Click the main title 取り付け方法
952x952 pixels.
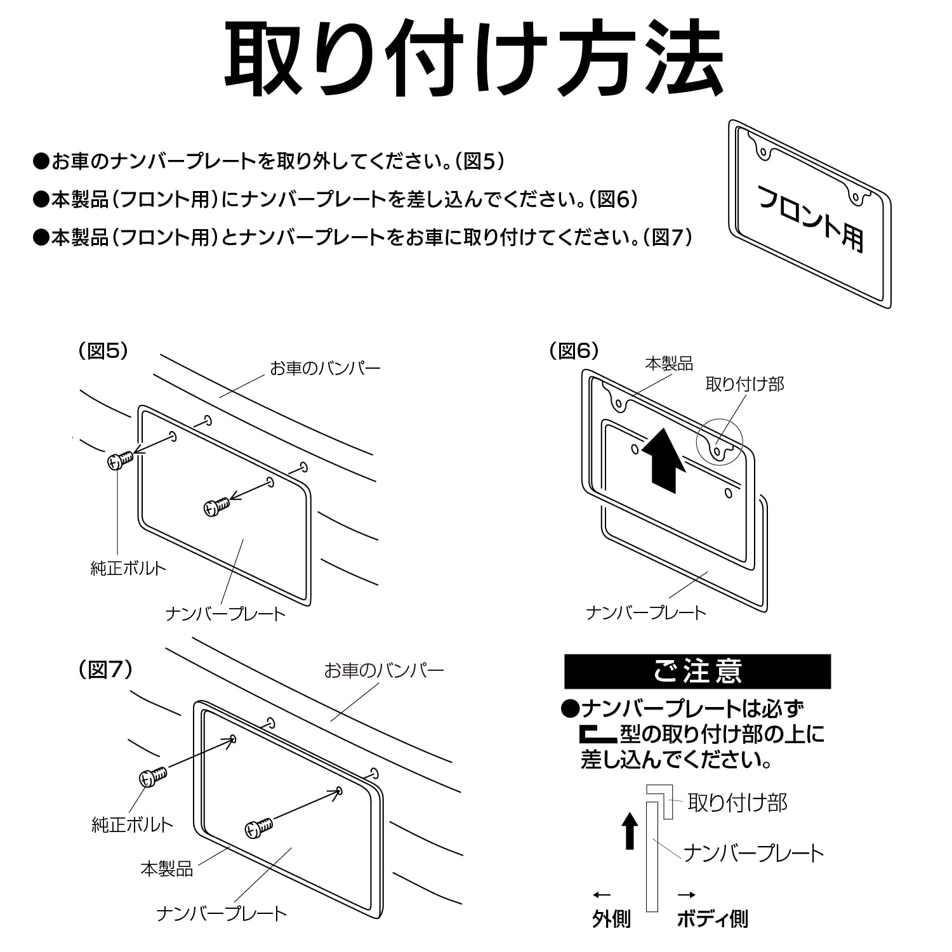tap(474, 59)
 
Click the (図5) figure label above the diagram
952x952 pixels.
tap(103, 351)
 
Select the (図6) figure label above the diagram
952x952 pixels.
tap(574, 351)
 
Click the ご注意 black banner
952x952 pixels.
tap(697, 671)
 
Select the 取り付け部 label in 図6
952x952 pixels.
tap(744, 384)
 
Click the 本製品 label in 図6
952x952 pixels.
tap(668, 364)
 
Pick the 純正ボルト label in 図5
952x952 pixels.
tap(128, 568)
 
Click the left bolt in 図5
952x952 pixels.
tap(119, 459)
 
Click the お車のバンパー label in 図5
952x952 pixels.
tap(325, 368)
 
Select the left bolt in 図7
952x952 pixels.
tap(153, 776)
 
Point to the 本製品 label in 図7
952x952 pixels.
tap(166, 868)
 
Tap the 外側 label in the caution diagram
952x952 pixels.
tap(611, 918)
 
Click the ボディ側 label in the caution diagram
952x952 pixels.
tap(712, 918)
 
